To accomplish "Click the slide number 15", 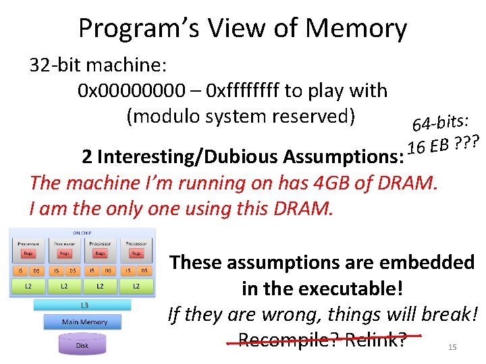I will [452, 347].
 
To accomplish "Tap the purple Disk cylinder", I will [82, 345].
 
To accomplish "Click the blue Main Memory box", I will [84, 322].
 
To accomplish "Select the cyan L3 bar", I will [84, 305].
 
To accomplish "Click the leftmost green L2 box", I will [27, 286].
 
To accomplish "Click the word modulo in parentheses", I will [168, 116].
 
